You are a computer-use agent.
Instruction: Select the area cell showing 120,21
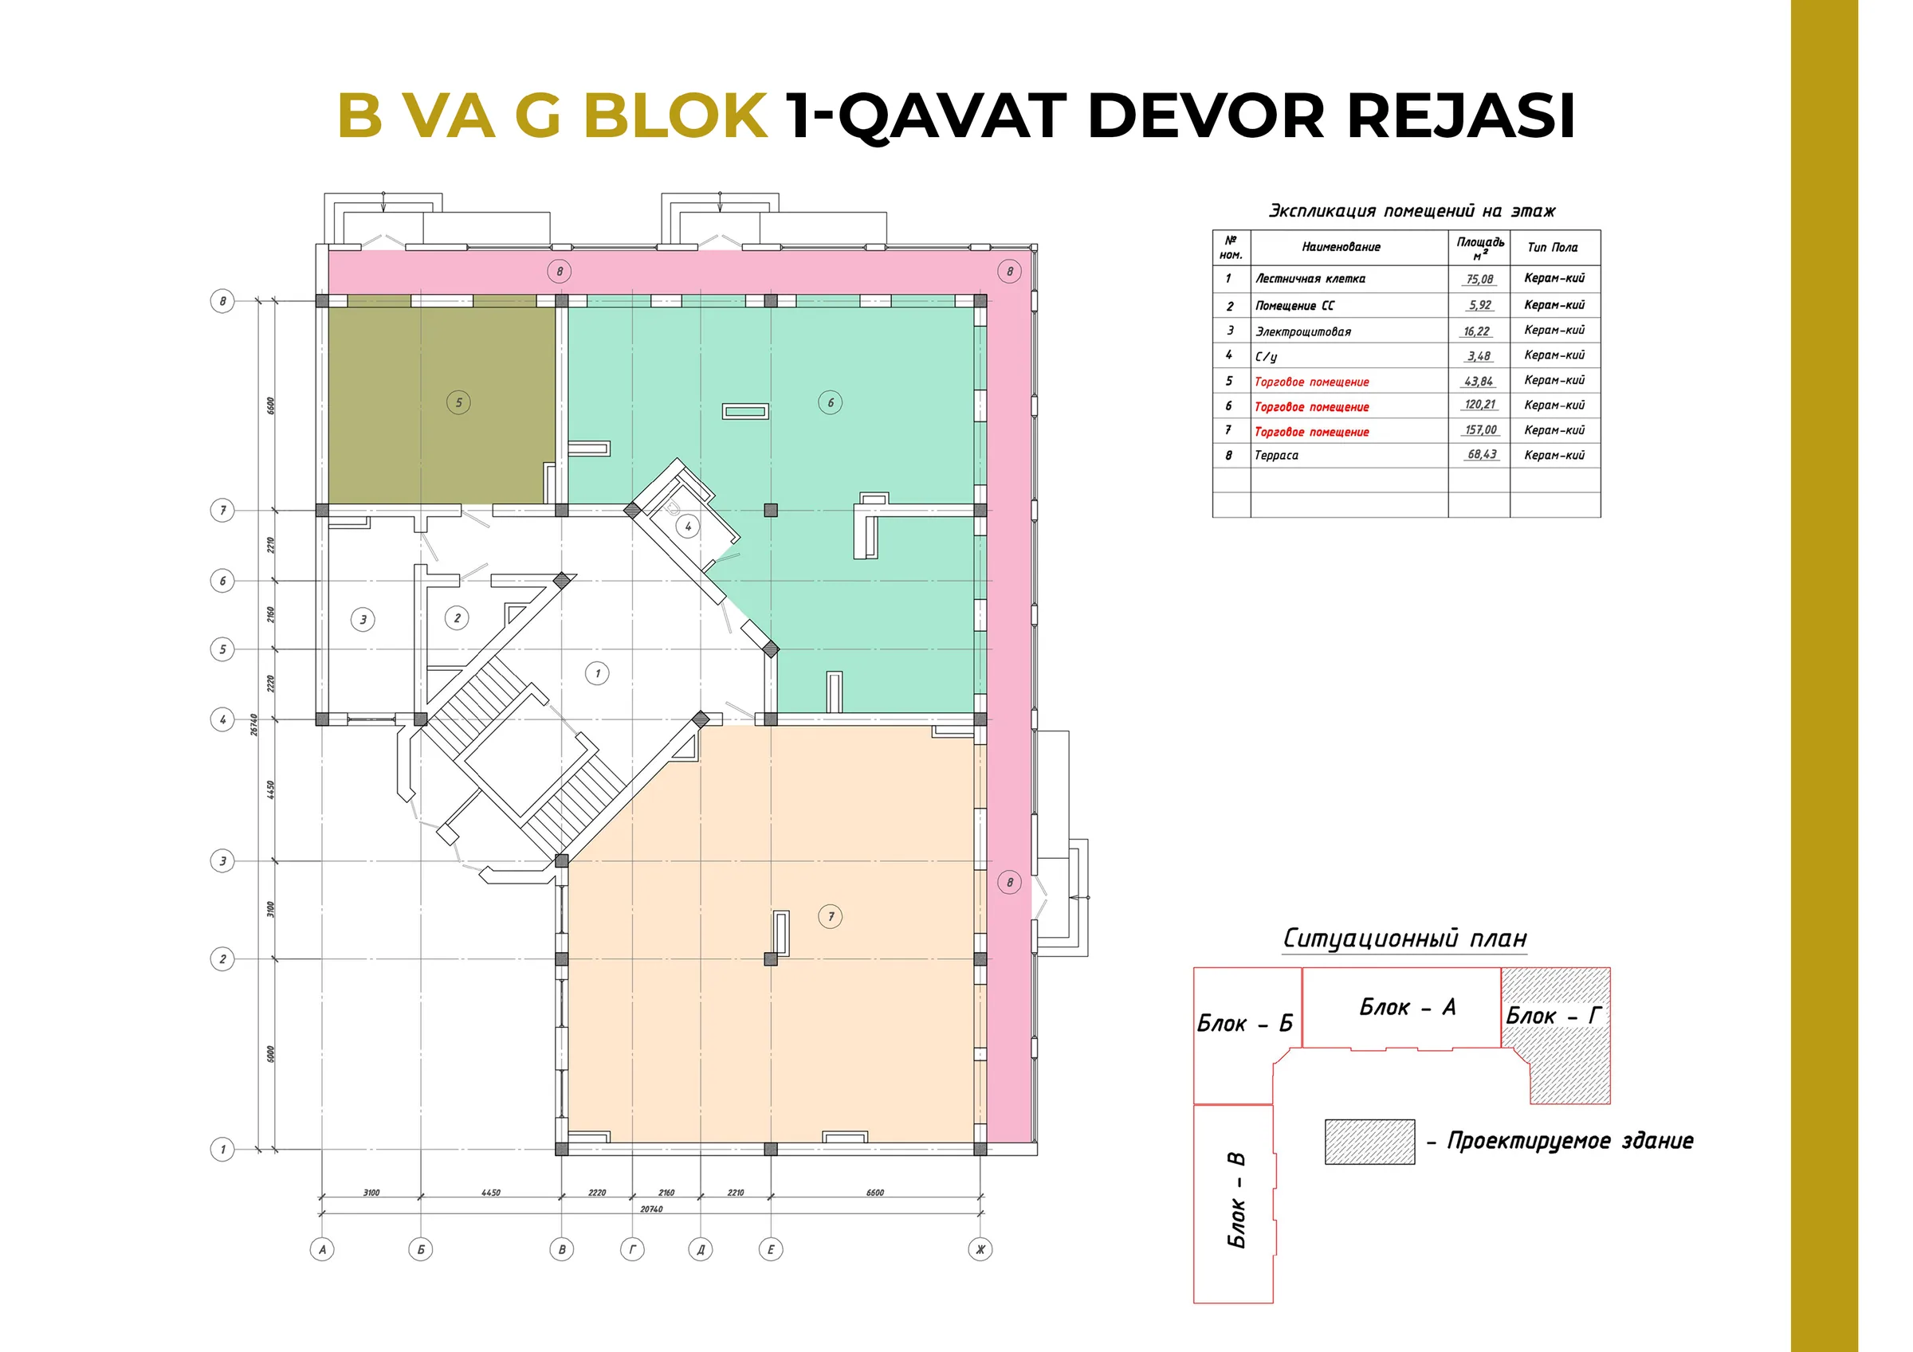[x=1479, y=405]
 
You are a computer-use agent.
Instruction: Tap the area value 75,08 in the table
[x=1479, y=279]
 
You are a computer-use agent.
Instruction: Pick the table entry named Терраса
[x=1276, y=456]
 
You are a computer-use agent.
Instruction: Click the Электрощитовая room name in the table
[x=1303, y=331]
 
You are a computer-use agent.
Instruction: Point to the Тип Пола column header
[x=1553, y=248]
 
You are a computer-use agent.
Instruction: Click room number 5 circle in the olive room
[x=458, y=402]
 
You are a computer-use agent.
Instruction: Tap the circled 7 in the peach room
[x=831, y=916]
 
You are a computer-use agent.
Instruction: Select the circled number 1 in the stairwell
[x=596, y=673]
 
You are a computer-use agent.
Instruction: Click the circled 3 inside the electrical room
[x=363, y=619]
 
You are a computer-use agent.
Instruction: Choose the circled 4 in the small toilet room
[x=687, y=527]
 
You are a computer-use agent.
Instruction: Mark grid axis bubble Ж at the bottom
[x=980, y=1248]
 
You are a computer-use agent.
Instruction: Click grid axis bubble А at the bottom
[x=321, y=1248]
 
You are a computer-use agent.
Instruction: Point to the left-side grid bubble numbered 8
[x=222, y=300]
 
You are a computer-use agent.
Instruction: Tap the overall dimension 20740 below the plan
[x=651, y=1209]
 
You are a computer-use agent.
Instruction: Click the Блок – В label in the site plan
[x=1236, y=1200]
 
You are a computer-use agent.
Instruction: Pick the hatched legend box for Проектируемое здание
[x=1369, y=1141]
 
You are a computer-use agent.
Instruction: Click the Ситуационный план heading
[x=1404, y=938]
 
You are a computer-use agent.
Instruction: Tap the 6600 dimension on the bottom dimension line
[x=875, y=1193]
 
